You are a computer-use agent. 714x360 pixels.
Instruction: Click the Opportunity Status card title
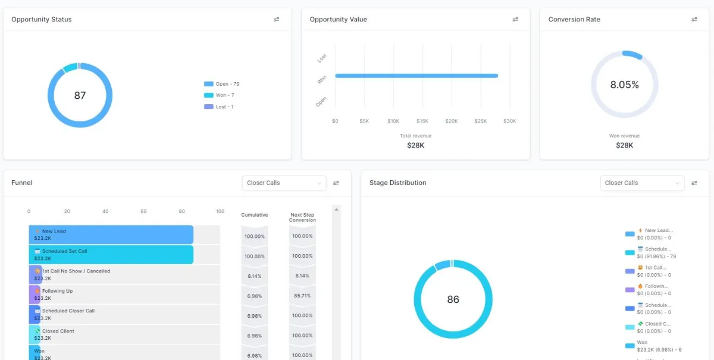tap(42, 20)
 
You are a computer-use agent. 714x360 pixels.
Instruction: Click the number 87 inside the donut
tap(80, 95)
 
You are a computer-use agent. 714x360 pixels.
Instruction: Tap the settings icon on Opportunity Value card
tap(515, 20)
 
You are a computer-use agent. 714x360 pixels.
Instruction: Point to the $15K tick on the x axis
tap(422, 121)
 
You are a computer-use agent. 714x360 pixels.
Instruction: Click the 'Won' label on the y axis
tap(322, 80)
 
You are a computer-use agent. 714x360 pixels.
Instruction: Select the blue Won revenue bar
tap(416, 76)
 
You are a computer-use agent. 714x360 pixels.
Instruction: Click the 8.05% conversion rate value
tap(624, 85)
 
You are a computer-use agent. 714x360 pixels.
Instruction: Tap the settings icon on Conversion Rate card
tap(694, 20)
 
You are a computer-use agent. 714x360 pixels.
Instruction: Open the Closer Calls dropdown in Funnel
tap(284, 183)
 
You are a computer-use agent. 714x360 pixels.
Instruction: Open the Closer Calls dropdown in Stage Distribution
tap(642, 183)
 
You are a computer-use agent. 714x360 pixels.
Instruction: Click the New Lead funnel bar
tap(111, 234)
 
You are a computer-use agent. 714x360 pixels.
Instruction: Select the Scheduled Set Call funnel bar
tap(111, 255)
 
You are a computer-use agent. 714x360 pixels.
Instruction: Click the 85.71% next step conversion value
tap(302, 296)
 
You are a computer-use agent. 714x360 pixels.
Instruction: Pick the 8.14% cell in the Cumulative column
tap(255, 276)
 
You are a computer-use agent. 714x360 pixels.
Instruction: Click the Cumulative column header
tap(255, 215)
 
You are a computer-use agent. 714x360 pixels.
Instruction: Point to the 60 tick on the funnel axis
tap(143, 211)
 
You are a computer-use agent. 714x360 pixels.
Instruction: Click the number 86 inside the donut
tap(453, 299)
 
